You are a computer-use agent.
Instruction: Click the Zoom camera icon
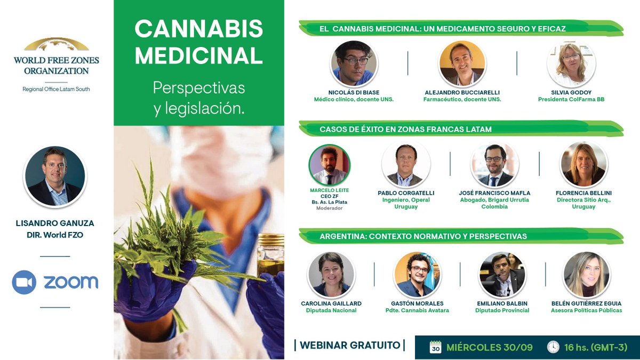point(24,282)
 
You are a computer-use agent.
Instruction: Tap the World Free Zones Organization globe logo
point(57,44)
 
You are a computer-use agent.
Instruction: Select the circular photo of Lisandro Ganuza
point(55,176)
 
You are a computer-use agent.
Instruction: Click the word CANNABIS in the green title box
point(198,29)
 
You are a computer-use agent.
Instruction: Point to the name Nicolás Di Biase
point(354,92)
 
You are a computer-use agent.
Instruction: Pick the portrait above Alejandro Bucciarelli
point(462,63)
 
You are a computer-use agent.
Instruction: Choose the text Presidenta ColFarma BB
point(571,99)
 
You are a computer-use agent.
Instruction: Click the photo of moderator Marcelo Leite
point(330,165)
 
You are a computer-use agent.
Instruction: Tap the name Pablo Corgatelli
point(406,193)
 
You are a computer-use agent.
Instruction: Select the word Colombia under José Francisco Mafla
point(494,206)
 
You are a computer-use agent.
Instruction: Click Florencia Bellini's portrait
point(583,165)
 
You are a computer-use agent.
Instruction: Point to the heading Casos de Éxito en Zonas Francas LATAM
point(405,129)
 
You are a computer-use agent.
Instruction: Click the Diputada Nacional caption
point(331,310)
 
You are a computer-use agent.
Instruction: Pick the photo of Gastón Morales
point(417,275)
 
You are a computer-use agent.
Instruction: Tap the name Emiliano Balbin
point(502,303)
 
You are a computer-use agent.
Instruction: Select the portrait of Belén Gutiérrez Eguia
point(586,275)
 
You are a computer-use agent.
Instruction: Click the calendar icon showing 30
point(435,347)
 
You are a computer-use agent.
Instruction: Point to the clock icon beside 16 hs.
point(553,347)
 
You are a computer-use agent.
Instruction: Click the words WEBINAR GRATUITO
point(350,345)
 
